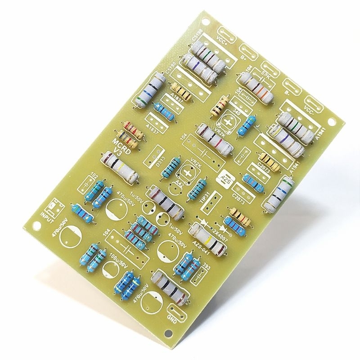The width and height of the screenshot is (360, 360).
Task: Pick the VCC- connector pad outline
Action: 311,106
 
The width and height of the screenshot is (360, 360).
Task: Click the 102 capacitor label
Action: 94,175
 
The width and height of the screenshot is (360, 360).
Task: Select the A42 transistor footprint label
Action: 179,184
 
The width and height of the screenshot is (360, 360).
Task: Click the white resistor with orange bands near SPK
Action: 256,87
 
